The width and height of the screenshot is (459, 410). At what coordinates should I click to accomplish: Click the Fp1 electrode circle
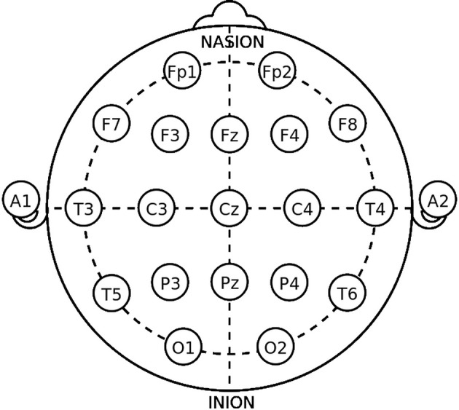pyautogui.click(x=182, y=71)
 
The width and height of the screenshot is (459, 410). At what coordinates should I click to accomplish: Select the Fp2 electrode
pyautogui.click(x=276, y=71)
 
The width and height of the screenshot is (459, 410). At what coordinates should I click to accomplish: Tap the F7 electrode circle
pyautogui.click(x=111, y=125)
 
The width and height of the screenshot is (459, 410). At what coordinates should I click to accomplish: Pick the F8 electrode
pyautogui.click(x=347, y=125)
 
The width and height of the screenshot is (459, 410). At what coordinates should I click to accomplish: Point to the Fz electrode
pyautogui.click(x=229, y=135)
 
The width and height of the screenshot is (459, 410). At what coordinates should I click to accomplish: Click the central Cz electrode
pyautogui.click(x=229, y=209)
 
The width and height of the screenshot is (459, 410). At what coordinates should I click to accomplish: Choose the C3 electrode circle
pyautogui.click(x=157, y=209)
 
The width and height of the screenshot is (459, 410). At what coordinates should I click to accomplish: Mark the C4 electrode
pyautogui.click(x=302, y=209)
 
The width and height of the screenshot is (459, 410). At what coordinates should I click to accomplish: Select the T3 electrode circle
pyautogui.click(x=83, y=209)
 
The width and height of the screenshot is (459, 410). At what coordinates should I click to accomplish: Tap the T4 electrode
pyautogui.click(x=375, y=209)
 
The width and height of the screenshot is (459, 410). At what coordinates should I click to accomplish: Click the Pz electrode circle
pyautogui.click(x=229, y=283)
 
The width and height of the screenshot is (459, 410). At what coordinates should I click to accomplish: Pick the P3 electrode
pyautogui.click(x=170, y=283)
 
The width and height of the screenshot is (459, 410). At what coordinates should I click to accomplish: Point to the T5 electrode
pyautogui.click(x=111, y=294)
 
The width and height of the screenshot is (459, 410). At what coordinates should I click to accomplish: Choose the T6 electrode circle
pyautogui.click(x=347, y=294)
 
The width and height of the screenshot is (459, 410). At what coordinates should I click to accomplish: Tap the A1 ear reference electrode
pyautogui.click(x=20, y=201)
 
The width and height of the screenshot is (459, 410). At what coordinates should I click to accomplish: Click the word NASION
pyautogui.click(x=231, y=42)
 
